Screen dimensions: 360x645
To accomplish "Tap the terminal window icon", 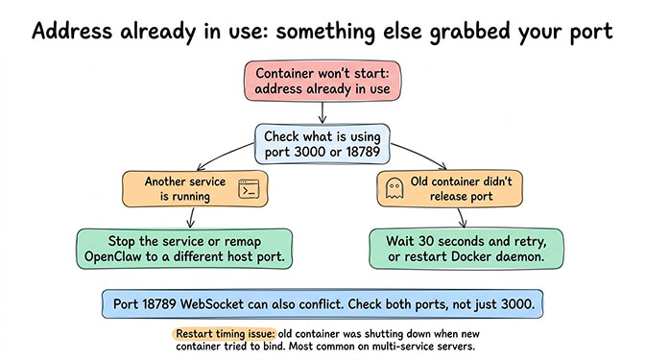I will point(249,188).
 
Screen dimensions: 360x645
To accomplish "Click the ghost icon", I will point(393,188).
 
